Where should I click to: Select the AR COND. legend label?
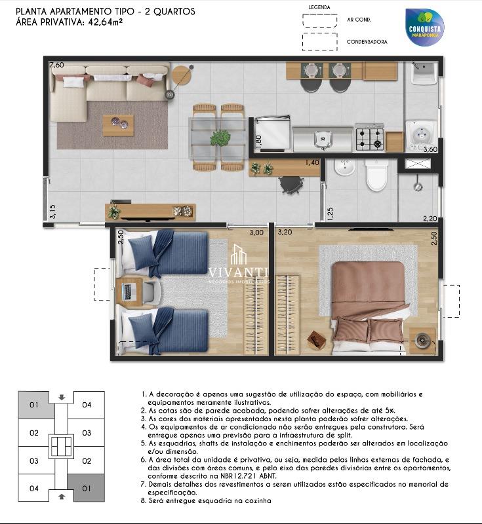[359, 20]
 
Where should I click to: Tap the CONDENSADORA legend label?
[367, 41]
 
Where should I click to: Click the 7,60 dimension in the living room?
[57, 65]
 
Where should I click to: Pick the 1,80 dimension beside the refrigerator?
[258, 141]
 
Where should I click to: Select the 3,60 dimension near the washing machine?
[430, 150]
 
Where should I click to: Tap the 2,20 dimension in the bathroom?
[430, 219]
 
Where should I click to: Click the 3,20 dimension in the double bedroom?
[285, 232]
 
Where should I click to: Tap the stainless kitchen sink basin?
[322, 138]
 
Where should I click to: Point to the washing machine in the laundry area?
[417, 134]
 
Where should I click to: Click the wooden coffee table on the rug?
[118, 124]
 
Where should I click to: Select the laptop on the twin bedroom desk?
[129, 289]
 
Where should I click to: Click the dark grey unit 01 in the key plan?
[86, 488]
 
